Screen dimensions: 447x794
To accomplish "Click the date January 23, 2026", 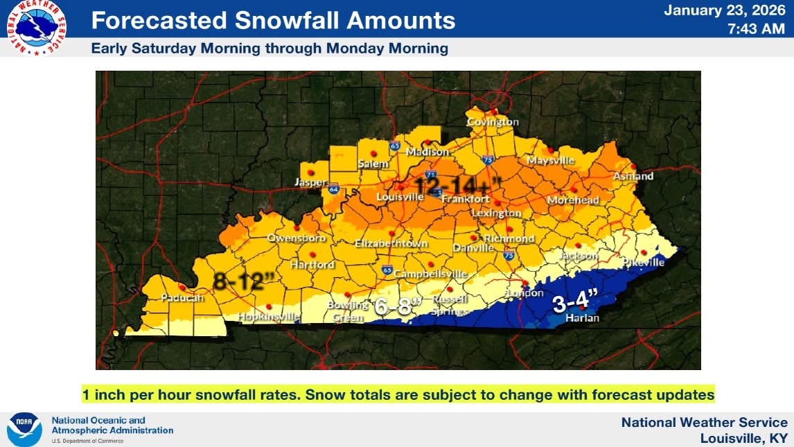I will coord(725,10).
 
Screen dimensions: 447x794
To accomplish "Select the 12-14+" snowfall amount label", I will coord(458,185).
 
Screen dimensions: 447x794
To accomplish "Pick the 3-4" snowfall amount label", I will coord(575,302).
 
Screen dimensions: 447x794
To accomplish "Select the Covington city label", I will coord(493,122).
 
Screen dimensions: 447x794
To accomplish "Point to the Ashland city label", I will coord(633,176).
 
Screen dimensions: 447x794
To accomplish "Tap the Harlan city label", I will coord(582,318).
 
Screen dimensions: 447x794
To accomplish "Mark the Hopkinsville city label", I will coord(269,317).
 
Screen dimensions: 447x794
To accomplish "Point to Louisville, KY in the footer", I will coord(743,438).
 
